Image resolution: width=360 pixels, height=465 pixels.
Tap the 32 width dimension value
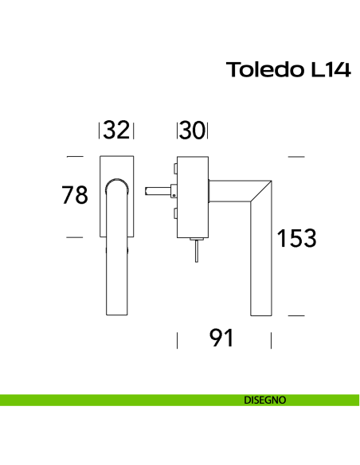[116, 130]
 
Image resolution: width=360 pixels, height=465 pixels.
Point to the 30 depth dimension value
[192, 130]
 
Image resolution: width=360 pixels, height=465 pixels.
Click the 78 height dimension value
[75, 195]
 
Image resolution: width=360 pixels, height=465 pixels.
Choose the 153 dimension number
[297, 237]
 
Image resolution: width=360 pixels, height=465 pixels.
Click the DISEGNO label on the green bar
[264, 400]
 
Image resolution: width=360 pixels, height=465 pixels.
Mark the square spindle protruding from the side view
[159, 191]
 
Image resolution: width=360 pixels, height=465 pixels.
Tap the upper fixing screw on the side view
[172, 168]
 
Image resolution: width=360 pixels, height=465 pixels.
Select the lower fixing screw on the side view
[172, 213]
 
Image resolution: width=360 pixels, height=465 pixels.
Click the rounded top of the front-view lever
[116, 185]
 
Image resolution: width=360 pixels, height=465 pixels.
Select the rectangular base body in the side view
[192, 197]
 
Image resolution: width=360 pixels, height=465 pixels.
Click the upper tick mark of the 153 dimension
[295, 157]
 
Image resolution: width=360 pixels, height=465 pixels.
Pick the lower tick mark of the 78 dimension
[75, 237]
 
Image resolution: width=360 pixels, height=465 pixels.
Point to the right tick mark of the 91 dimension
[272, 341]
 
